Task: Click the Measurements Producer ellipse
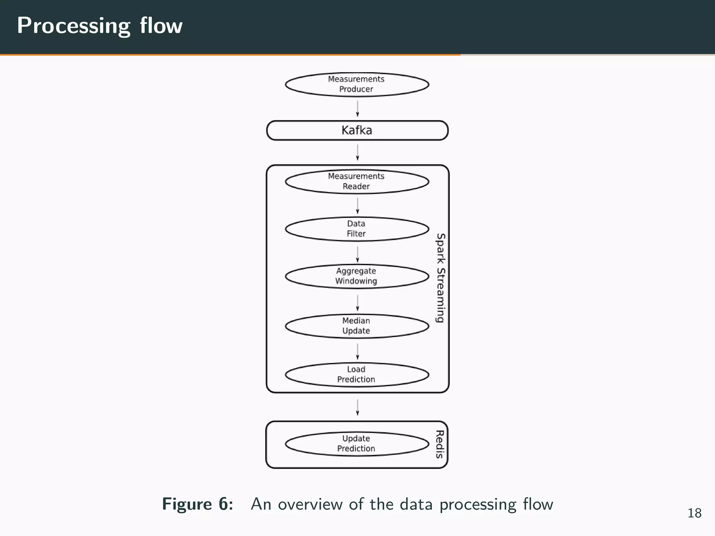click(357, 84)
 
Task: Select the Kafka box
click(357, 131)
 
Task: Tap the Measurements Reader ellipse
click(357, 181)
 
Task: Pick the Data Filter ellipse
click(357, 229)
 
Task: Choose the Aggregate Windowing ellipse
click(357, 276)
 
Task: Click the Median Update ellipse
click(357, 326)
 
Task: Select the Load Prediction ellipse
click(357, 374)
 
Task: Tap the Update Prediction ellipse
click(357, 444)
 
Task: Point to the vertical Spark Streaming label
click(441, 278)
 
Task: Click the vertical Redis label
click(440, 444)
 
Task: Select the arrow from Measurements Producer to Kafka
click(357, 109)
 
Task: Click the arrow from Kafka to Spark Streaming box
click(357, 152)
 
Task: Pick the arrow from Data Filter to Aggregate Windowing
click(357, 254)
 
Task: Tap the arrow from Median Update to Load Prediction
click(357, 351)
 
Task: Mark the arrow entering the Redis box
click(357, 407)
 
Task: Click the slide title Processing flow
click(100, 26)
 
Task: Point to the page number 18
click(694, 513)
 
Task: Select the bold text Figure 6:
click(198, 504)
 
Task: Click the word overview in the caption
click(310, 504)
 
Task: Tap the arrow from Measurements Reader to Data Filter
click(357, 206)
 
